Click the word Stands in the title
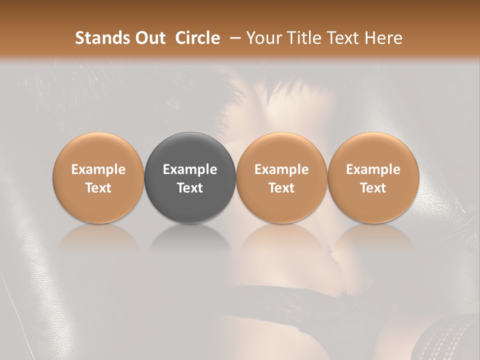point(101,38)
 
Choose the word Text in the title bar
point(340,38)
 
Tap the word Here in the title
point(382,38)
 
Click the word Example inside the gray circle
point(190,169)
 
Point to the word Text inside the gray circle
point(190,188)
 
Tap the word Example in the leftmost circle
point(98,169)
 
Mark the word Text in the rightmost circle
point(373,188)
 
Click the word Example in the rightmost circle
point(373,169)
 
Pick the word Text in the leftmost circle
point(98,188)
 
